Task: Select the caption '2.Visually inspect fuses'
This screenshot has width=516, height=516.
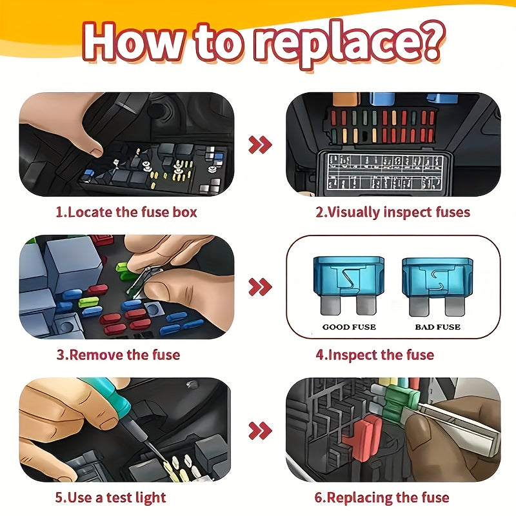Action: click(x=392, y=212)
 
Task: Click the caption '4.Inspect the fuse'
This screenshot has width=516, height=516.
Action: click(x=375, y=354)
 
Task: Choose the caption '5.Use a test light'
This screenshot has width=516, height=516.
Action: click(x=110, y=497)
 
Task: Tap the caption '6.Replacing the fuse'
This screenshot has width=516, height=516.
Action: click(x=382, y=497)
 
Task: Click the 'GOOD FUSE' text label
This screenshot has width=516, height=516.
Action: click(x=349, y=327)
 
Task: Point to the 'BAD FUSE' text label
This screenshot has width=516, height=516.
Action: click(x=437, y=327)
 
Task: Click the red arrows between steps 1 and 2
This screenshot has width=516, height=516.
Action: click(x=260, y=144)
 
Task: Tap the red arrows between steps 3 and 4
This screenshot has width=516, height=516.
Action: click(x=260, y=287)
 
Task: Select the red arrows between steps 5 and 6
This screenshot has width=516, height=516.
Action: click(x=260, y=430)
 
